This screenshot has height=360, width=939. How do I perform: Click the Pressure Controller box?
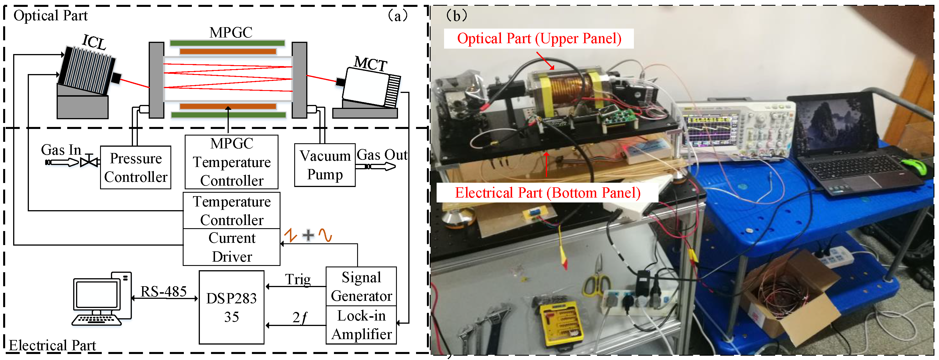tap(136, 168)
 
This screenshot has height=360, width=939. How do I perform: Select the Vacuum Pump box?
tap(325, 165)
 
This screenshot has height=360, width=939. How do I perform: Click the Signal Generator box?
tap(361, 287)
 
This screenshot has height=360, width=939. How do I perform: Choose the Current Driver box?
tap(232, 247)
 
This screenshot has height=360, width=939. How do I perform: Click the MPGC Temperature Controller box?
tap(232, 162)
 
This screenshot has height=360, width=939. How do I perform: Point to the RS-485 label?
tap(163, 291)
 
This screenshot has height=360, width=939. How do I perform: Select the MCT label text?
tap(370, 64)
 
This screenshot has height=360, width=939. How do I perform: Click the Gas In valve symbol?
tap(89, 161)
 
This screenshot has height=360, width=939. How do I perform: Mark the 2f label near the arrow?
tap(300, 317)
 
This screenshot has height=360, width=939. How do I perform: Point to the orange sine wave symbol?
tap(325, 235)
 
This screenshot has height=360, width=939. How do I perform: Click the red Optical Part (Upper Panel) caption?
tap(539, 38)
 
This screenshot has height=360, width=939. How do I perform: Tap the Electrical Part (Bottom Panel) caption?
tap(547, 192)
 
